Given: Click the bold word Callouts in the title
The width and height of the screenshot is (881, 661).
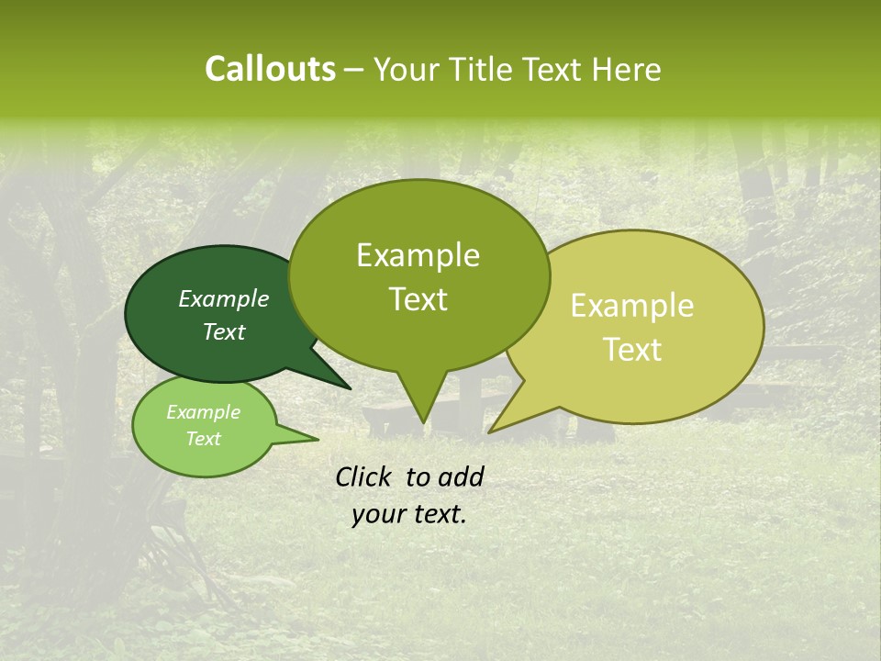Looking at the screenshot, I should click(x=270, y=70).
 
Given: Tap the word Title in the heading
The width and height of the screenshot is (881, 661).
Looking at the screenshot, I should click(x=486, y=70).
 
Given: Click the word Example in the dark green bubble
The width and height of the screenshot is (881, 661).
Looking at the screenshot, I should click(x=224, y=299).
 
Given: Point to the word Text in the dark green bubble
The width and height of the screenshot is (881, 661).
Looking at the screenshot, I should click(x=224, y=331).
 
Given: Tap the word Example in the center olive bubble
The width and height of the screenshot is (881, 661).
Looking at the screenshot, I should click(x=418, y=256).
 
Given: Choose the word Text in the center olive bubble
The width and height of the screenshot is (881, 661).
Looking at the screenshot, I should click(x=418, y=299).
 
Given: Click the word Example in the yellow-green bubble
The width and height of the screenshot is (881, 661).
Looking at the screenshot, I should click(x=632, y=306).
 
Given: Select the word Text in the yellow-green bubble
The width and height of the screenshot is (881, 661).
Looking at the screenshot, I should click(x=633, y=350).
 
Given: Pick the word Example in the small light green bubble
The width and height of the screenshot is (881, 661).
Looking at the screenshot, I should click(x=203, y=412).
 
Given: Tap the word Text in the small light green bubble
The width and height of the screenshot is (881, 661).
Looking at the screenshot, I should click(x=203, y=439).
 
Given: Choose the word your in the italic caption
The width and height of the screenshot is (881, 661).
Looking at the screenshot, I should click(x=377, y=515).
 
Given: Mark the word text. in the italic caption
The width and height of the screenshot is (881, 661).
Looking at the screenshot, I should click(x=438, y=515).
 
